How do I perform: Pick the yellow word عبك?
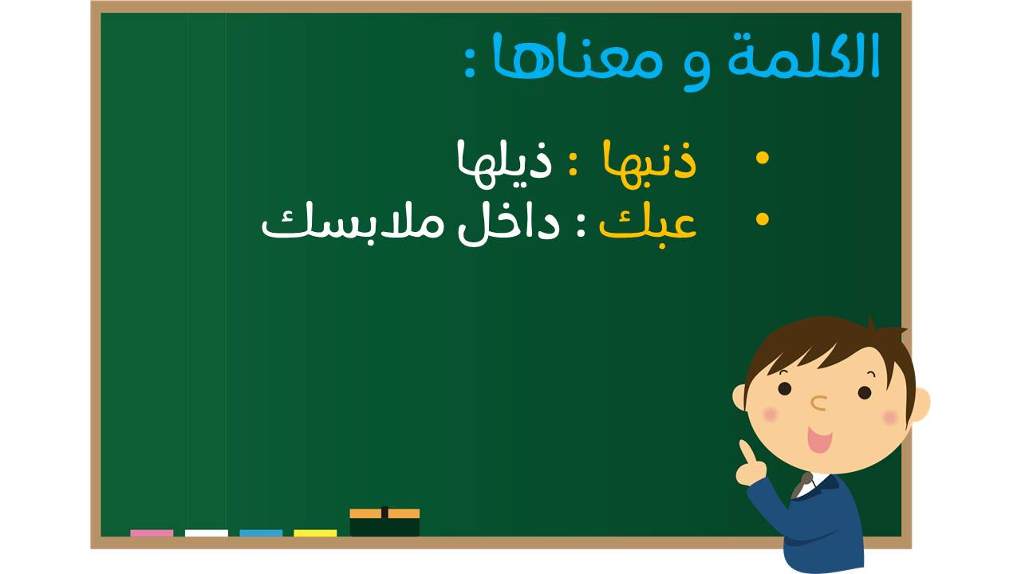pos(648,223)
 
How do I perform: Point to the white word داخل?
pos(509,224)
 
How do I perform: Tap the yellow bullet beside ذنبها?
pos(762,158)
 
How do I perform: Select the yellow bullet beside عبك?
pos(762,218)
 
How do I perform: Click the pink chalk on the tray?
pos(152,533)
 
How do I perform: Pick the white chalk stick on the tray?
pos(207,533)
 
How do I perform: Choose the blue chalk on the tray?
pos(261,533)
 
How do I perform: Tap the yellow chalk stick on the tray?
pos(315,533)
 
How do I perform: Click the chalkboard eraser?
pos(384,522)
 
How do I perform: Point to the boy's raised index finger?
pos(746,452)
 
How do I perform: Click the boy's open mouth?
pos(819,439)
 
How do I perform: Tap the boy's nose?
pos(818,403)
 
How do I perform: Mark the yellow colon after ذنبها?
pos(573,164)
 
